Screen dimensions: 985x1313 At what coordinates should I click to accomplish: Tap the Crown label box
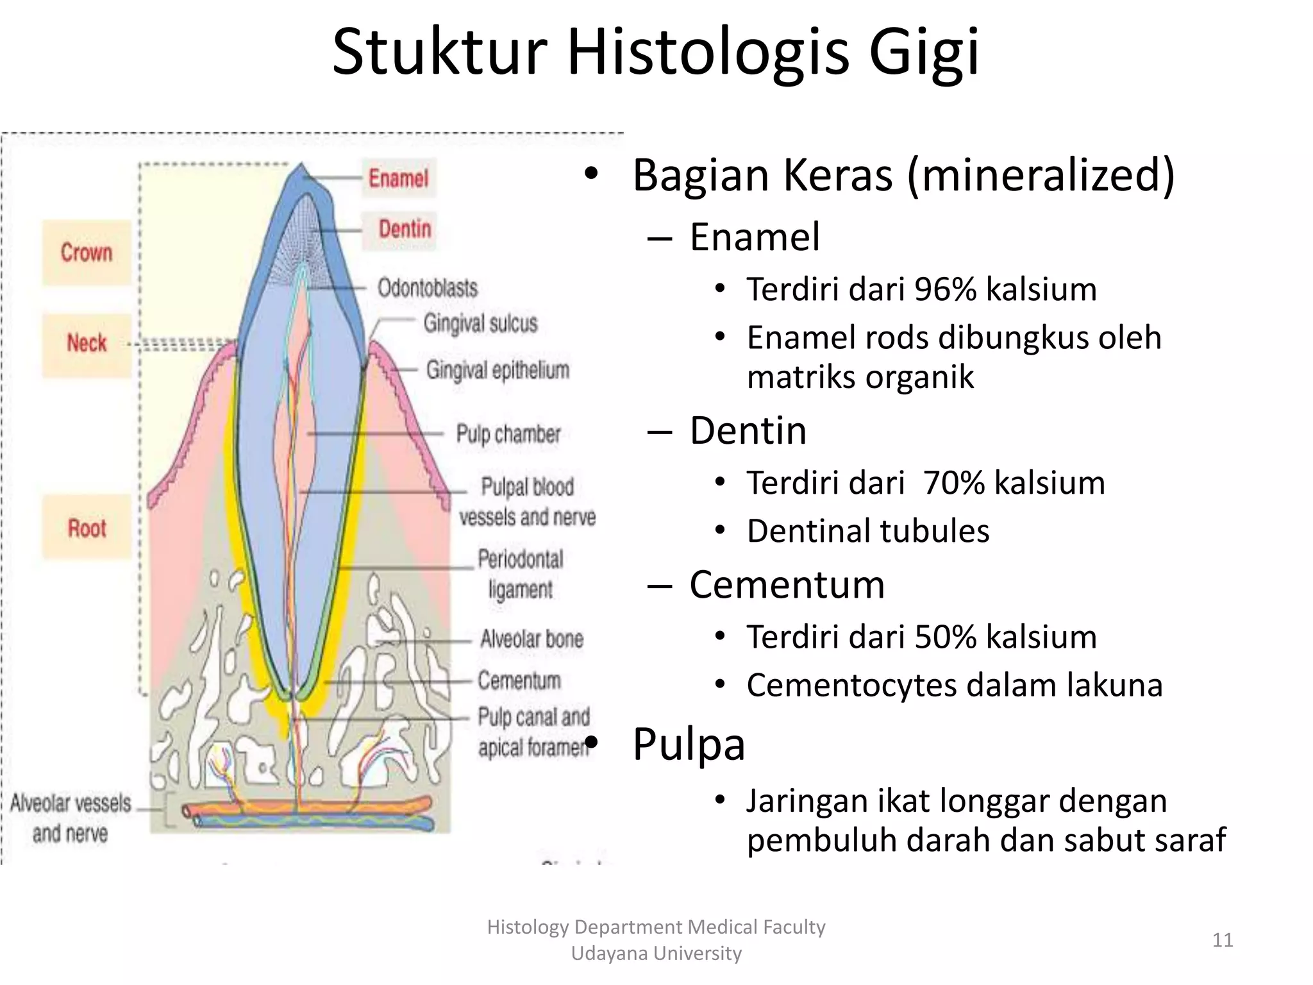tap(87, 253)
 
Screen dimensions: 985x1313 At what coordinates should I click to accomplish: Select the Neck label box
tap(87, 344)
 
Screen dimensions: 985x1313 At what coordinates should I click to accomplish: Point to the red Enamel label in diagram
tap(398, 178)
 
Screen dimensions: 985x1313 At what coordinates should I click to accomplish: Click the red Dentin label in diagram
tap(405, 229)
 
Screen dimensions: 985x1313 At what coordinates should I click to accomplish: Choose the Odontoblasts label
tap(428, 288)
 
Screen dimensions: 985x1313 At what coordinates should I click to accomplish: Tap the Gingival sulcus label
tap(480, 323)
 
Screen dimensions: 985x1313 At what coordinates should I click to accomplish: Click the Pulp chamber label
tap(508, 434)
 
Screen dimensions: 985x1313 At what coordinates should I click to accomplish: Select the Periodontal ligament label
tap(520, 574)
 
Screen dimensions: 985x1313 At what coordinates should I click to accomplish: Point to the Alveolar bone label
tap(531, 639)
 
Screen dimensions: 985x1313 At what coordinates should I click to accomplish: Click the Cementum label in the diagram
tap(519, 680)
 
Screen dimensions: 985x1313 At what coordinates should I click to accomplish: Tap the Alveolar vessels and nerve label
tap(71, 818)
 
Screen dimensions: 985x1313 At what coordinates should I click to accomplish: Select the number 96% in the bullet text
tap(945, 289)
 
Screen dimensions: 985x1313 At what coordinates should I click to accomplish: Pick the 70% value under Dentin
tap(953, 483)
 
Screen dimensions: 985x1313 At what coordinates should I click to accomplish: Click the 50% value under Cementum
tap(945, 637)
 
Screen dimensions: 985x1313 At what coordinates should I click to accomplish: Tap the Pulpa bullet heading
tap(689, 745)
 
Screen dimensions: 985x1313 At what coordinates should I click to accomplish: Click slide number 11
tap(1223, 940)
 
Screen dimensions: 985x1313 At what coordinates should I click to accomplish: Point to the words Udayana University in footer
tap(656, 954)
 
